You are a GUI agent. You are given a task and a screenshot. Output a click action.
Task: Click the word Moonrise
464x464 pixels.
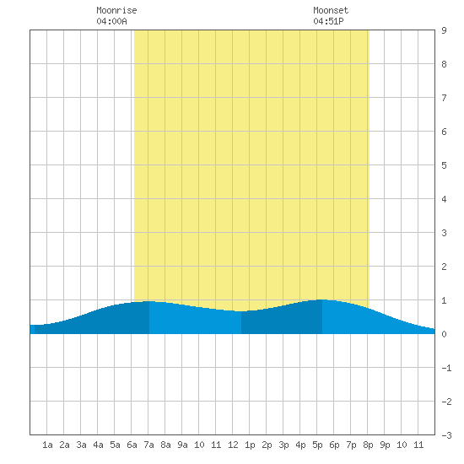pos(116,10)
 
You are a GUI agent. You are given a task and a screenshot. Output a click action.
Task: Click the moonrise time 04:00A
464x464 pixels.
pos(111,21)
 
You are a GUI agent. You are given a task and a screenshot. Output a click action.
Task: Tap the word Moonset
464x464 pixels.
pos(331,10)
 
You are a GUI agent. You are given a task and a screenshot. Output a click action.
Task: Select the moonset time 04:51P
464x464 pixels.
pos(328,21)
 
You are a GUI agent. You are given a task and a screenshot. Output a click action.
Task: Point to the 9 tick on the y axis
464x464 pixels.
pos(444,30)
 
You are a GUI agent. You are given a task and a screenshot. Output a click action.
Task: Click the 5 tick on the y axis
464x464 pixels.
pos(444,165)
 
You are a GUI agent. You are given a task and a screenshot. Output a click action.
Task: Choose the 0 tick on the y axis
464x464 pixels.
pos(444,334)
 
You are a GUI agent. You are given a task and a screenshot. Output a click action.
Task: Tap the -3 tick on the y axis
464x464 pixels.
pos(446,435)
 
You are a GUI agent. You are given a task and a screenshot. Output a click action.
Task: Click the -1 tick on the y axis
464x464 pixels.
pos(446,368)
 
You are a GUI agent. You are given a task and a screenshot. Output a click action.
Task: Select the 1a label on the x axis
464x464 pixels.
pos(47,445)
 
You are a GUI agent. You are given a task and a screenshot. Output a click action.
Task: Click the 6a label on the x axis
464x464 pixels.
pos(132,445)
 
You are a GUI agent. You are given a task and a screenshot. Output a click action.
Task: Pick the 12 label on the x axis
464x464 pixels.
pos(233,445)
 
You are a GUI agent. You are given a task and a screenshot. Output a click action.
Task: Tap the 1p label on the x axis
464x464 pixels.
pos(250,445)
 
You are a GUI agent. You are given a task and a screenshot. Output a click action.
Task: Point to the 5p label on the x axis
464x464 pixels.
pos(317,445)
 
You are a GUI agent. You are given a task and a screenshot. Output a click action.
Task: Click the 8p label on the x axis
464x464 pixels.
pos(368,445)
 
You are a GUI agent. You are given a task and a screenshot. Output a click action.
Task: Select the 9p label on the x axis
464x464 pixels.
pos(385,445)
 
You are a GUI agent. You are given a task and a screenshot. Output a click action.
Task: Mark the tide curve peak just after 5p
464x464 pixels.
pos(322,299)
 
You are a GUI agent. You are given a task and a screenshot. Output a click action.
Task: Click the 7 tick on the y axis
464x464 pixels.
pos(444,98)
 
